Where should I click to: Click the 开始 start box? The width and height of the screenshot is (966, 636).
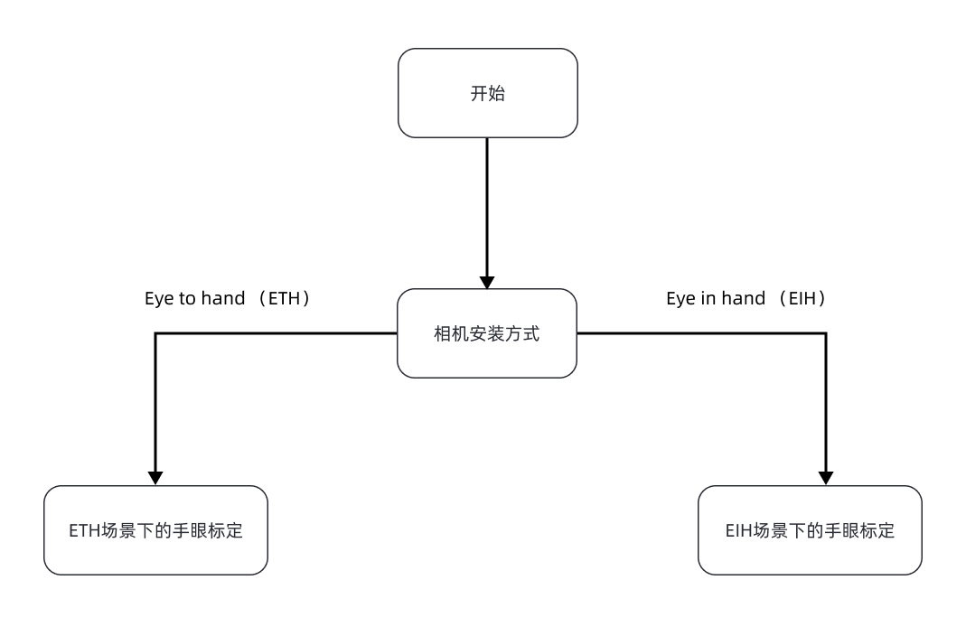tap(487, 93)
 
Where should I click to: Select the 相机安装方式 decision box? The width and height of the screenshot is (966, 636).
tap(487, 333)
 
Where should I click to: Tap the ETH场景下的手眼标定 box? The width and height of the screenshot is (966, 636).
tap(155, 530)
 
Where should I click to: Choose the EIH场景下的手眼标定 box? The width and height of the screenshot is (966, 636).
tap(810, 530)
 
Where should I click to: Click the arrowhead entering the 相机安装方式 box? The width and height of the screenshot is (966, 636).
tap(487, 282)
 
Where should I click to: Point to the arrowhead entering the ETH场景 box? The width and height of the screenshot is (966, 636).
tap(155, 478)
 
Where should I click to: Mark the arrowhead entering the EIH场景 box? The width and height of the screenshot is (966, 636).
tap(825, 478)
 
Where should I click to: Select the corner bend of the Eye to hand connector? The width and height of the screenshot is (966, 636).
tap(155, 333)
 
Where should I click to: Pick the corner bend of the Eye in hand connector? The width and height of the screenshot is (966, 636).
tap(825, 333)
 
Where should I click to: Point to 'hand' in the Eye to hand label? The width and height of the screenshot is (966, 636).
tap(224, 299)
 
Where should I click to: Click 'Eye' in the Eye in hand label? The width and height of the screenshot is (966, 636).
tap(680, 299)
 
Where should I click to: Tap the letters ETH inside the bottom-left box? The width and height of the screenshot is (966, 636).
tap(83, 531)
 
